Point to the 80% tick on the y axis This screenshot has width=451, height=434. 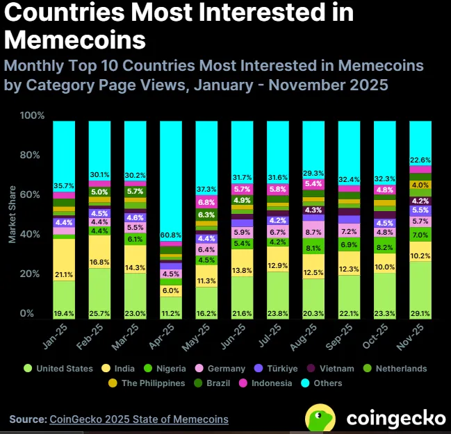pos(32,155)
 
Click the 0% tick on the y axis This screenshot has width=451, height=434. pos(35,314)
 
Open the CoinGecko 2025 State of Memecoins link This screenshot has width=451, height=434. pos(138,419)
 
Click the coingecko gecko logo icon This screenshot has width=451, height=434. pos(322,418)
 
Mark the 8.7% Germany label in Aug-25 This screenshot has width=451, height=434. pos(313,233)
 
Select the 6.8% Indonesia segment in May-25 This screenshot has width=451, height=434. pos(206,202)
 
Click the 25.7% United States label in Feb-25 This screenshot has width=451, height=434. pos(100,314)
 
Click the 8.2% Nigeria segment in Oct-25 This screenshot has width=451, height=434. pos(385,247)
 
